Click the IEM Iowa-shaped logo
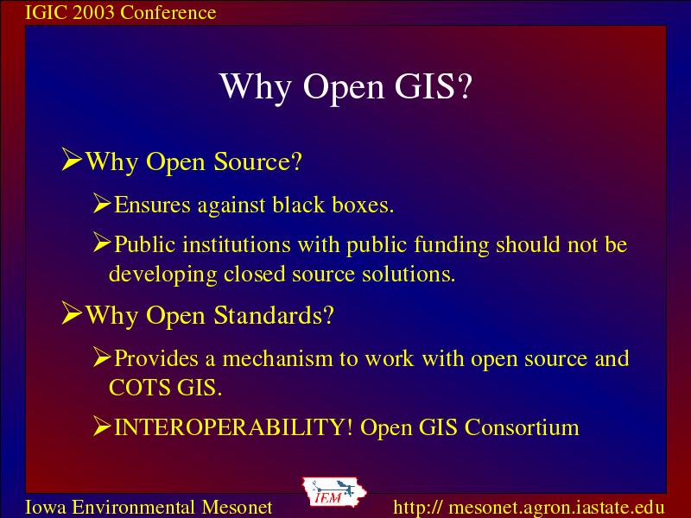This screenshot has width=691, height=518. [x=334, y=492]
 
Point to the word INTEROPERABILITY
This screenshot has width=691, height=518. [x=233, y=427]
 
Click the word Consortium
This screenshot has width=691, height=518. [x=522, y=427]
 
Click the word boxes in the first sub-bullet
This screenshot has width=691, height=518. [x=363, y=205]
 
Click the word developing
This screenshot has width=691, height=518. [x=163, y=275]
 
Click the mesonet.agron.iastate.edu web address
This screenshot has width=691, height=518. [x=529, y=507]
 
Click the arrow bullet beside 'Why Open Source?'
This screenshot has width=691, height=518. [x=72, y=159]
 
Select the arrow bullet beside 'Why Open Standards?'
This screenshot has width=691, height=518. [x=72, y=313]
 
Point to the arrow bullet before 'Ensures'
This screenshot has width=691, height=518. [x=102, y=204]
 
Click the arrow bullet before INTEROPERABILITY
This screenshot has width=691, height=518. [x=102, y=426]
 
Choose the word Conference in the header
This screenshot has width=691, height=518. [x=168, y=12]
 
